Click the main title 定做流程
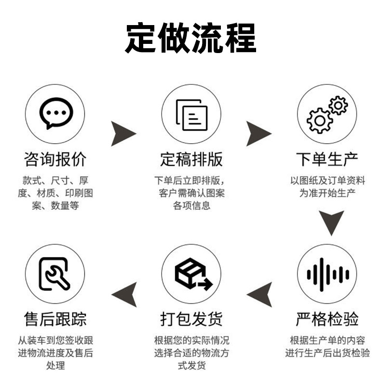(x=190, y=37)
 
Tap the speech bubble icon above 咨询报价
(x=55, y=114)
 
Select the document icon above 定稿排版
(x=191, y=114)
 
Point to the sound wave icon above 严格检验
(x=327, y=274)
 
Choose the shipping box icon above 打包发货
(x=191, y=274)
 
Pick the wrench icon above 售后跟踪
(x=55, y=274)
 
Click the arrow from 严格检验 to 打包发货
(x=260, y=294)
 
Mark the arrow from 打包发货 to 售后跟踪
(x=124, y=294)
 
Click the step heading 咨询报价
(x=55, y=159)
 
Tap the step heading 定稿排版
(x=191, y=159)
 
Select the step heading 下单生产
(x=327, y=159)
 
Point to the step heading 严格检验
(x=327, y=319)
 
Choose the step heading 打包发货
(x=191, y=319)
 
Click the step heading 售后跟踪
(x=55, y=319)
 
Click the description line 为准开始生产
(x=327, y=193)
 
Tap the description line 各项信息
(x=191, y=206)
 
